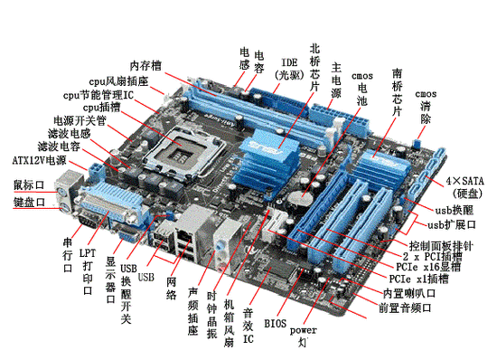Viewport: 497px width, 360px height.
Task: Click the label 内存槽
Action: [145, 66]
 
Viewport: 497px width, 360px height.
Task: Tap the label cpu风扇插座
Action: [118, 81]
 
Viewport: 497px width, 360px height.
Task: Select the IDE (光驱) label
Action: [289, 69]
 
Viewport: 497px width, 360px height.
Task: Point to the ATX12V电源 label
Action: [39, 160]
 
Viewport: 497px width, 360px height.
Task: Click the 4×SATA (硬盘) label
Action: [465, 187]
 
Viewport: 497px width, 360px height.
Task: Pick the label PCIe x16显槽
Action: [428, 267]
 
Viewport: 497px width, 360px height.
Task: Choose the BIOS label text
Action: [275, 324]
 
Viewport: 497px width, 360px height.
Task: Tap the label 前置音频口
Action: [405, 308]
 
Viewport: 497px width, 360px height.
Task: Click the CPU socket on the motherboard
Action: [183, 152]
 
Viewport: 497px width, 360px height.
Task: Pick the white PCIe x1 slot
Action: [274, 224]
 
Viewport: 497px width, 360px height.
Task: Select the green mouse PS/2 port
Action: [61, 192]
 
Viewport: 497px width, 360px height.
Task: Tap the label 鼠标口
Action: [29, 185]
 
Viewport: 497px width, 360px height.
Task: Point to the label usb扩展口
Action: [452, 225]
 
